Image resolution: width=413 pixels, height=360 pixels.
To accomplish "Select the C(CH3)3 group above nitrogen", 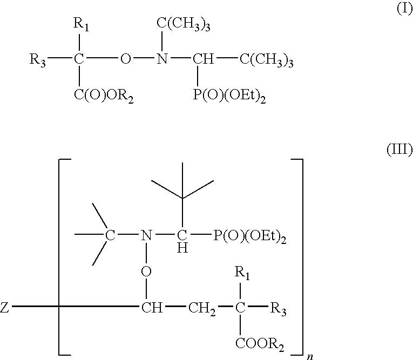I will (183, 25).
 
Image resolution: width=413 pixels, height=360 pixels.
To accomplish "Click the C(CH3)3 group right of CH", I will (266, 60).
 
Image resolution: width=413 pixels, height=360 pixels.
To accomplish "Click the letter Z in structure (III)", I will (5, 309).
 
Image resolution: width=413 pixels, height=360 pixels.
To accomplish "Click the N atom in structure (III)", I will (144, 235).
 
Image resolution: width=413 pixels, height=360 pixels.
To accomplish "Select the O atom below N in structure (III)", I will (145, 271).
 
